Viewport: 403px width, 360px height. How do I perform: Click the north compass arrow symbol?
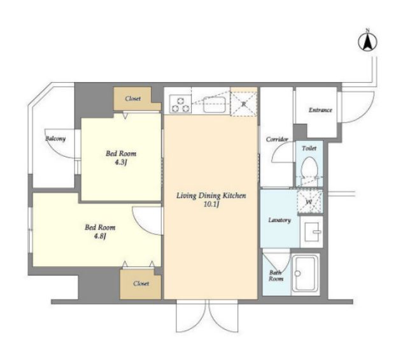pyautogui.click(x=367, y=41)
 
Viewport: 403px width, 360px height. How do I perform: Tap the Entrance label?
pyautogui.click(x=320, y=110)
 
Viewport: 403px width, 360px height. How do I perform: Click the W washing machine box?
pyautogui.click(x=309, y=202)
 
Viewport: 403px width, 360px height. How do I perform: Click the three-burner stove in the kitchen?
pyautogui.click(x=180, y=104)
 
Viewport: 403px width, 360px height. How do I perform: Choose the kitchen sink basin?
pyautogui.click(x=215, y=104)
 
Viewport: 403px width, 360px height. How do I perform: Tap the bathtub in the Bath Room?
pyautogui.click(x=306, y=274)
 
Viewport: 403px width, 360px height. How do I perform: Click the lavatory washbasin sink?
pyautogui.click(x=311, y=231)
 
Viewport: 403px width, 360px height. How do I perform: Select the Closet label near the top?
pyautogui.click(x=133, y=99)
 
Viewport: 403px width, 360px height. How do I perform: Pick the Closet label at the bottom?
pyautogui.click(x=141, y=284)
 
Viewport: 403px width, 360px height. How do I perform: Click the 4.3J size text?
pyautogui.click(x=121, y=162)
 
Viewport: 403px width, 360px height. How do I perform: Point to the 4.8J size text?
pyautogui.click(x=100, y=236)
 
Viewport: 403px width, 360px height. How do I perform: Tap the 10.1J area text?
pyautogui.click(x=211, y=205)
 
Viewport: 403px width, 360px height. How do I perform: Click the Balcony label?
pyautogui.click(x=55, y=139)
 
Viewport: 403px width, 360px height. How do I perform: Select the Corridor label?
pyautogui.click(x=277, y=140)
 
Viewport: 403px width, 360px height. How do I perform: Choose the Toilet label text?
pyautogui.click(x=309, y=148)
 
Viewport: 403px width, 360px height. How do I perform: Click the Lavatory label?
pyautogui.click(x=279, y=220)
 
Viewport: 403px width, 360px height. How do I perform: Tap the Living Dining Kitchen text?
pyautogui.click(x=211, y=196)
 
